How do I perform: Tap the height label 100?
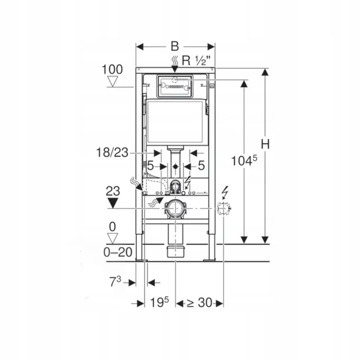point(112,70)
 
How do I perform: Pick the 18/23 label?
point(112,152)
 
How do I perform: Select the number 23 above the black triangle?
point(113,191)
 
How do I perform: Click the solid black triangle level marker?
point(113,205)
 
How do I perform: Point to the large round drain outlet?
point(175,208)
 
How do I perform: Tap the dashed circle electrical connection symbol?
point(224,208)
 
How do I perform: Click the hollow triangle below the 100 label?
point(112,84)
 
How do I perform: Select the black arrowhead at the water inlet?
point(175,70)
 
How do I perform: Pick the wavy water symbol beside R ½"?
point(175,60)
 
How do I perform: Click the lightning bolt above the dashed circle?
point(224,192)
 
